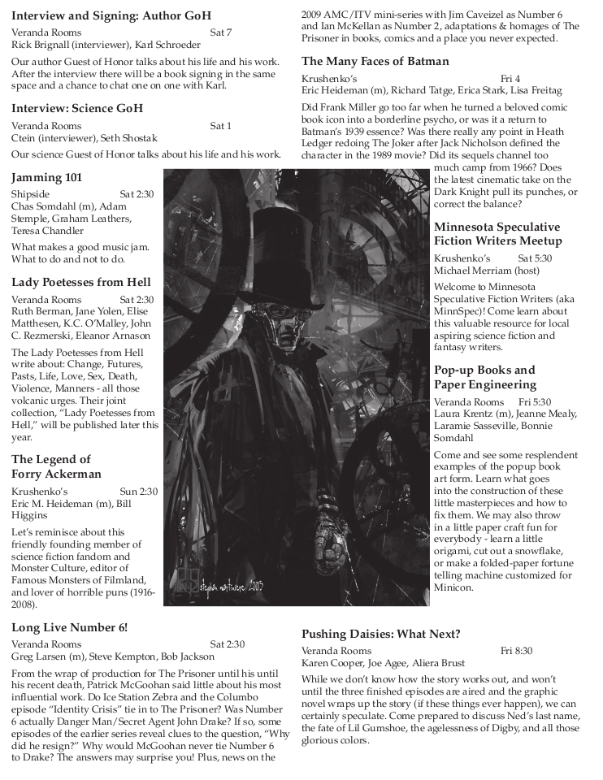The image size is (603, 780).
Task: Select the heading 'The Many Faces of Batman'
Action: click(x=375, y=61)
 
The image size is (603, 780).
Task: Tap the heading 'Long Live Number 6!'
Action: click(x=69, y=626)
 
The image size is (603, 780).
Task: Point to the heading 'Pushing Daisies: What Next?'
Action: click(x=381, y=634)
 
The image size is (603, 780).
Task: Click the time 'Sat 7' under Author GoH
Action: click(x=221, y=32)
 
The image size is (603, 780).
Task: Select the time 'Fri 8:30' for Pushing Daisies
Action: click(x=516, y=651)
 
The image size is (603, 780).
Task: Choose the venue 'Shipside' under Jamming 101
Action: click(x=30, y=194)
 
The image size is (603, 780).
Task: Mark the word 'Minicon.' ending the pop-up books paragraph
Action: click(x=453, y=587)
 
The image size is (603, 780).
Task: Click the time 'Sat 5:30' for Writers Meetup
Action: click(x=535, y=258)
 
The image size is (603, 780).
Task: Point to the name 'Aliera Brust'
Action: click(x=445, y=663)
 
